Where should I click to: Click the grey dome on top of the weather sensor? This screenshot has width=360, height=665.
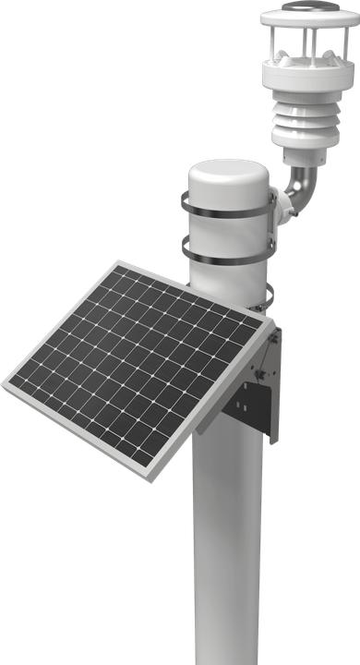click(308, 6)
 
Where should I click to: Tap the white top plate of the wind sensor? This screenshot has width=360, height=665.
click(308, 17)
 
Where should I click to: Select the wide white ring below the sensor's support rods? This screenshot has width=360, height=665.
click(307, 73)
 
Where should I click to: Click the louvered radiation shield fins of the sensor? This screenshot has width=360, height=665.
click(304, 121)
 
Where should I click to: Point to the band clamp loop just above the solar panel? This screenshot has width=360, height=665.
click(267, 298)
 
